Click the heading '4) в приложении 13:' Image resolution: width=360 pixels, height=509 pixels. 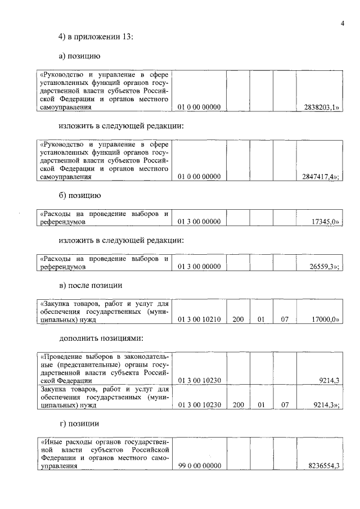pos(95,37)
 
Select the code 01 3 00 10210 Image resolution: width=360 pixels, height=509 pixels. pos(199,319)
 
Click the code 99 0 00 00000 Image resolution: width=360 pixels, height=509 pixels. pos(199,466)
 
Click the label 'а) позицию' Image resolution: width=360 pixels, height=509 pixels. pos(80,56)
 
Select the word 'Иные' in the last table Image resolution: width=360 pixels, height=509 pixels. pos(51,442)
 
